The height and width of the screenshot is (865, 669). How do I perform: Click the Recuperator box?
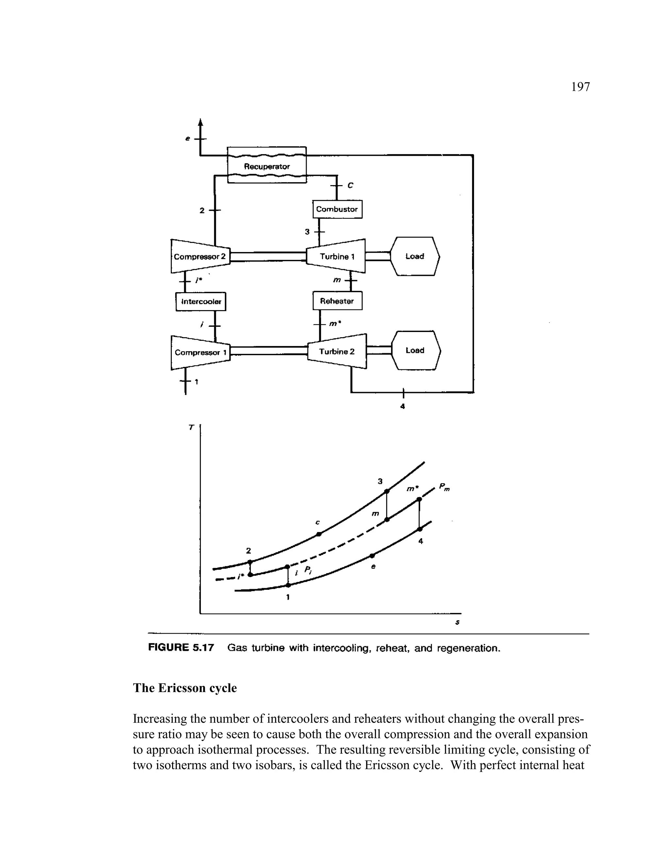(267, 165)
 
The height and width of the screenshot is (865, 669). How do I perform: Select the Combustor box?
(337, 209)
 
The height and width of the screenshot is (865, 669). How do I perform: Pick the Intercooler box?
(201, 301)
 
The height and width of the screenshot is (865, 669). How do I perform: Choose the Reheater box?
(337, 301)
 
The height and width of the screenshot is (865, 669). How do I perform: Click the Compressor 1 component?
(201, 352)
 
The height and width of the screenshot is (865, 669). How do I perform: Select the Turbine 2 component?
(337, 351)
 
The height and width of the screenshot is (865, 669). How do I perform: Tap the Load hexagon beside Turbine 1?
(415, 256)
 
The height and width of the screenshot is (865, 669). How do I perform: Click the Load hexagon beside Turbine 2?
(415, 350)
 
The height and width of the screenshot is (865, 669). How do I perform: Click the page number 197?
(580, 87)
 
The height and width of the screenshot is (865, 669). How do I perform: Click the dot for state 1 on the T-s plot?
(288, 585)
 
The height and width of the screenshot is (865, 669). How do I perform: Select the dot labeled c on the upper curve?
(318, 534)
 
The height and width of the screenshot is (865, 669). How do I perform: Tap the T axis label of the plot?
(191, 427)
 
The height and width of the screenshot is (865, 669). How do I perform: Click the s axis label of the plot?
(458, 622)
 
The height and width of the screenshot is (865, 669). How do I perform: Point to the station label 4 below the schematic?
(403, 406)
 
